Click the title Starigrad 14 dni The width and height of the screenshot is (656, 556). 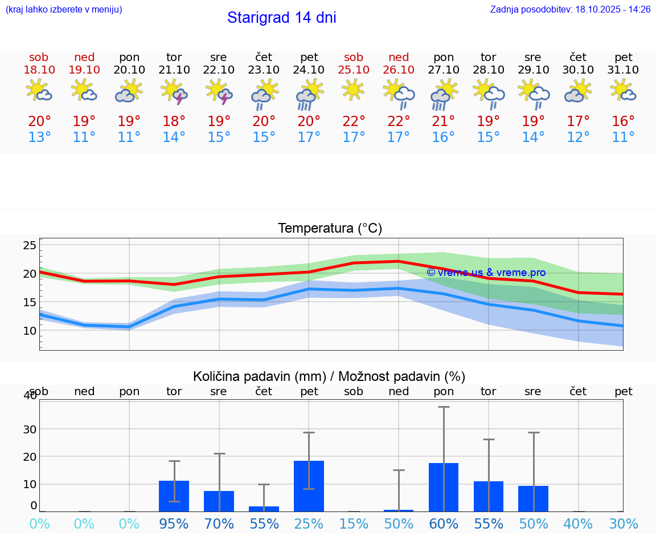pos(281,18)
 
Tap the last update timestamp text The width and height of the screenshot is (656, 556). pos(570,9)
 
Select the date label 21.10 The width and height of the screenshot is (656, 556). pos(174,70)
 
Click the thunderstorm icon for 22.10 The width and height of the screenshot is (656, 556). pos(219,91)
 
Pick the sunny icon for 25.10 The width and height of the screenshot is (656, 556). pos(354,90)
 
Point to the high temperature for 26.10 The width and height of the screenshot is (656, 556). pos(399,121)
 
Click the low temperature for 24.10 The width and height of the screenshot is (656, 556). pos(309,137)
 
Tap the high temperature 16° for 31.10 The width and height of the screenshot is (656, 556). pos(624,121)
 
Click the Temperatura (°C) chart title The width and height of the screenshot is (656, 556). pos(330,228)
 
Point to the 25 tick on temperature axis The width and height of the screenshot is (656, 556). pos(30,245)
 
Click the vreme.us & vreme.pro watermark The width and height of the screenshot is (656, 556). pos(486,273)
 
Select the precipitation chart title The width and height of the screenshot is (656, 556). pos(329,376)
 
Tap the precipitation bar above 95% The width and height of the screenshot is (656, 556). pos(174,496)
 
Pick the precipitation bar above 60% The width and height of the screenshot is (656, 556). pos(444,487)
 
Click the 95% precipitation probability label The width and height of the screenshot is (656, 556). pos(174,523)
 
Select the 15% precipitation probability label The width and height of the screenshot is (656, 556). pos(354,523)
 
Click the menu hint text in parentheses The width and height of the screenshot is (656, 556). pos(64,9)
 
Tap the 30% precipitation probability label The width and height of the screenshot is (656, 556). pos(624,523)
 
